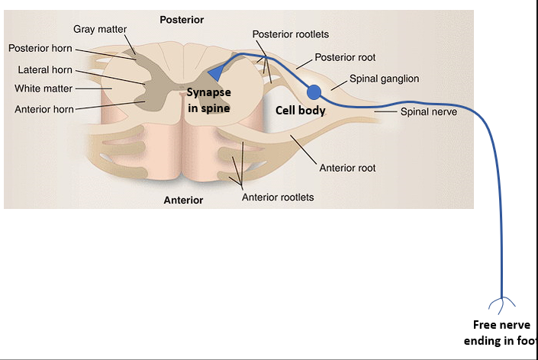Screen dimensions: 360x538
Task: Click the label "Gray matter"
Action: point(100,29)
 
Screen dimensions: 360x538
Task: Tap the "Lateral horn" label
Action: point(45,70)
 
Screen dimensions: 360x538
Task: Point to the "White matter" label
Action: point(43,88)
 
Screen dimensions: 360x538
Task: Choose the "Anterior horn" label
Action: point(44,109)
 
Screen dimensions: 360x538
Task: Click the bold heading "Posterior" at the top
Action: point(182,19)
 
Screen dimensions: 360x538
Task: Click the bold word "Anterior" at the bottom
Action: point(183,201)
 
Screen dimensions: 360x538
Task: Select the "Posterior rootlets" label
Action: point(291,34)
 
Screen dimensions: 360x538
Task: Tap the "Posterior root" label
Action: point(345,57)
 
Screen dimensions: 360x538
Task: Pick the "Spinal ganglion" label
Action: point(384,79)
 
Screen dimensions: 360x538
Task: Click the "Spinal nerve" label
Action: point(429,111)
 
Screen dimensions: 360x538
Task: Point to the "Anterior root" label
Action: point(347,168)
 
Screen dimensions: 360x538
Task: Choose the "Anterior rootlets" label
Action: point(278,197)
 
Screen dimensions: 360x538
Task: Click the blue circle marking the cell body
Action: point(314,92)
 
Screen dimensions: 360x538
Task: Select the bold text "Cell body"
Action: point(301,111)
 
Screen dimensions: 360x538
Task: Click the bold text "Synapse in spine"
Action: point(209,100)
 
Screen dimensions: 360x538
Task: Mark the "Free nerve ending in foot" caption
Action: point(501,333)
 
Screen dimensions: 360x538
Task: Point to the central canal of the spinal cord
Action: point(182,95)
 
